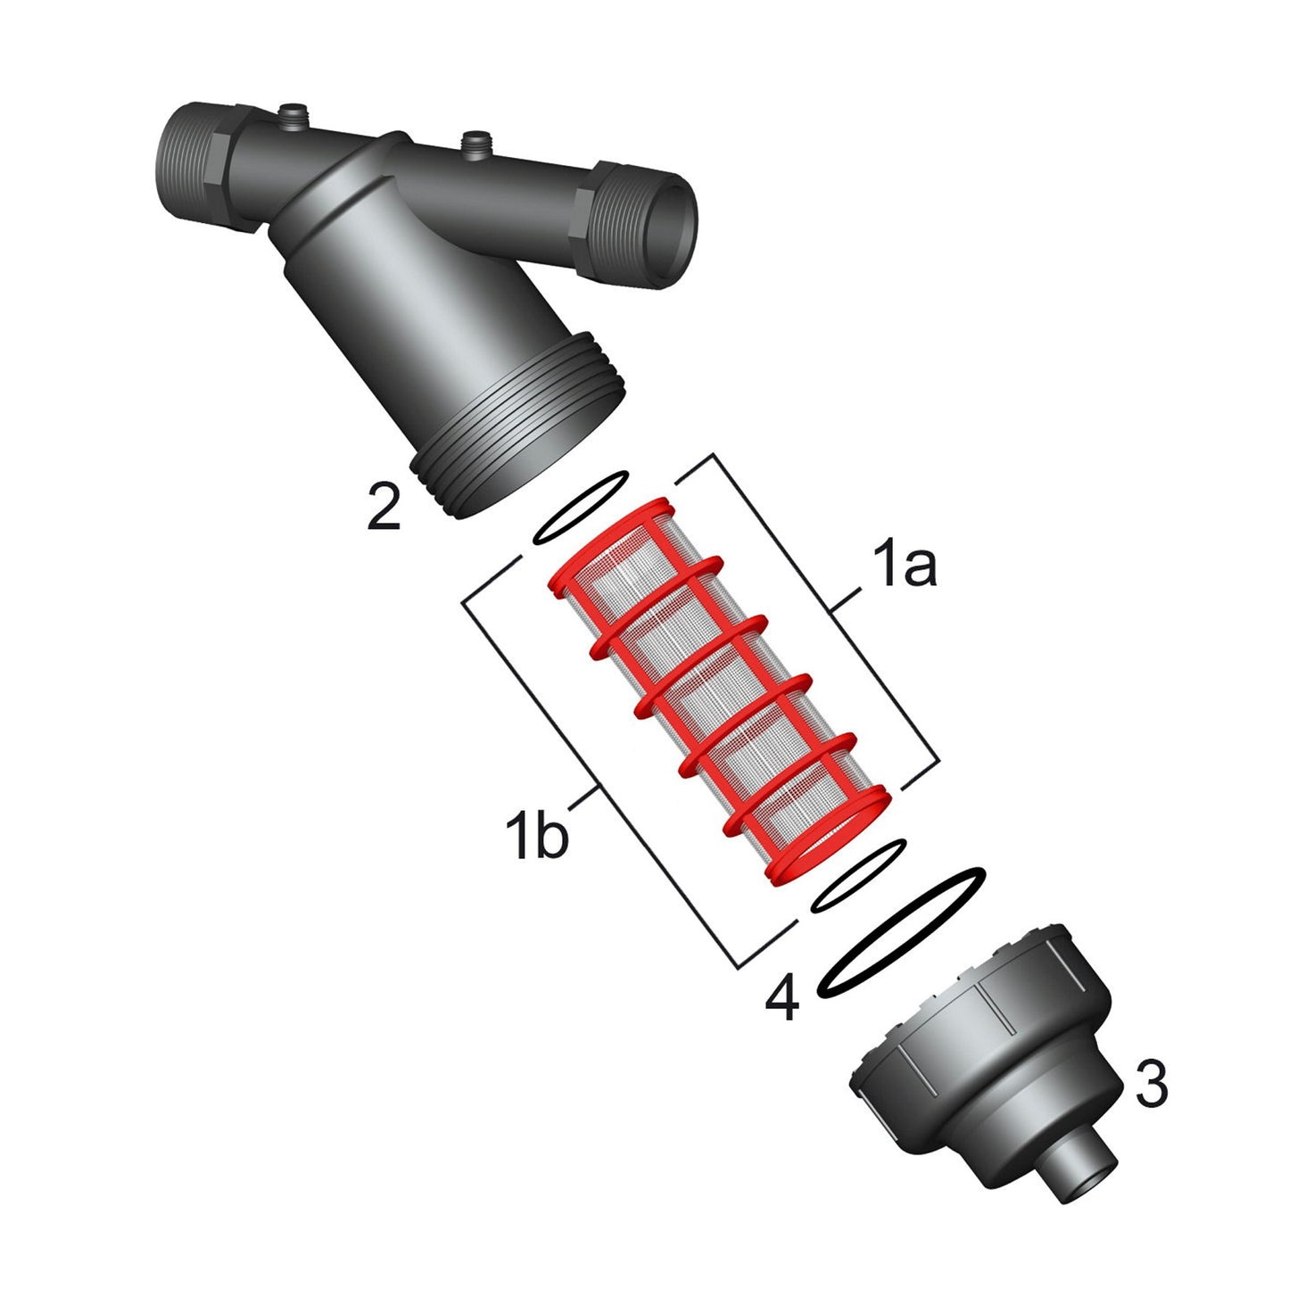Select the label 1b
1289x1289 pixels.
536,833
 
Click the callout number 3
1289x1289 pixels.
1151,1063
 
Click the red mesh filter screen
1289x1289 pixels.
720,691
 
